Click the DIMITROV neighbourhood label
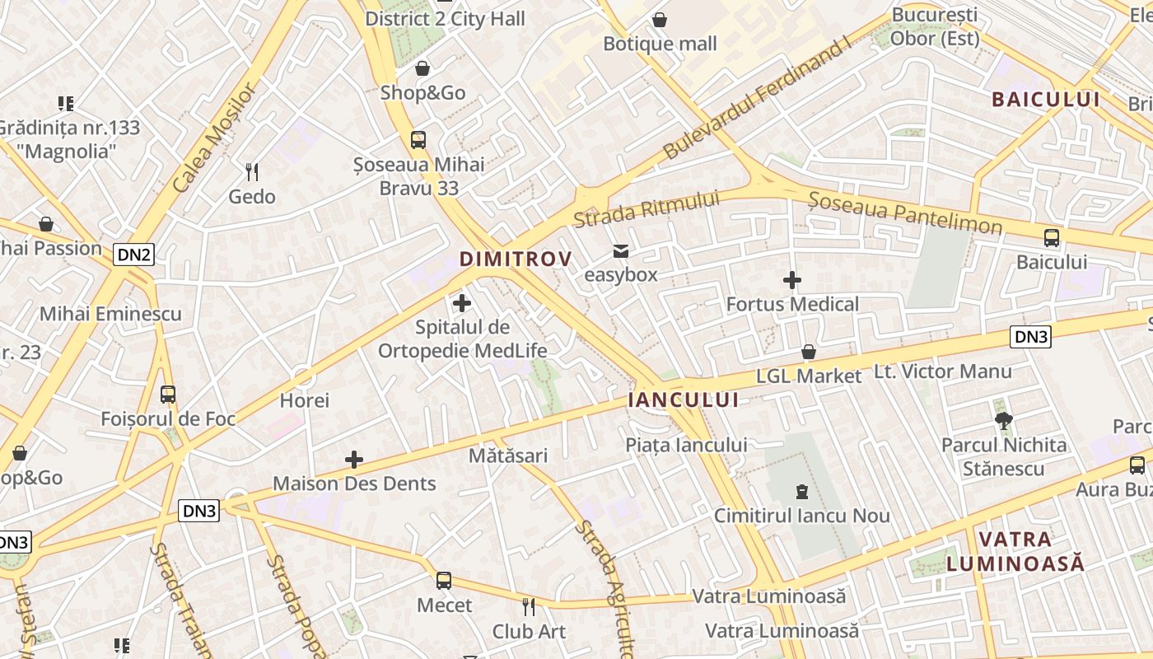point(516,259)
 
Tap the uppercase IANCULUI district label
point(684,400)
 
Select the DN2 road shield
point(134,255)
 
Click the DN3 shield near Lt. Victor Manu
point(1031,336)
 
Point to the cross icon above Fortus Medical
point(792,281)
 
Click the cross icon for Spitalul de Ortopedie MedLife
point(462,303)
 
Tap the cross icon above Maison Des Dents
point(354,460)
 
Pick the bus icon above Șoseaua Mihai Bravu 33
point(418,140)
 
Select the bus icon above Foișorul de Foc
point(168,395)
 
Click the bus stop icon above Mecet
point(444,581)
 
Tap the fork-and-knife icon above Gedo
point(252,172)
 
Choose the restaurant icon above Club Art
point(529,607)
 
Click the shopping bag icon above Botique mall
point(660,20)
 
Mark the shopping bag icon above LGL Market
point(809,353)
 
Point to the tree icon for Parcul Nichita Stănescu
point(1003,421)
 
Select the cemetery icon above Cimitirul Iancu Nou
point(801,492)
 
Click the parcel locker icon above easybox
point(620,251)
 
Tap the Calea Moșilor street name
point(216,138)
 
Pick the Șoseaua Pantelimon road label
point(904,213)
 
